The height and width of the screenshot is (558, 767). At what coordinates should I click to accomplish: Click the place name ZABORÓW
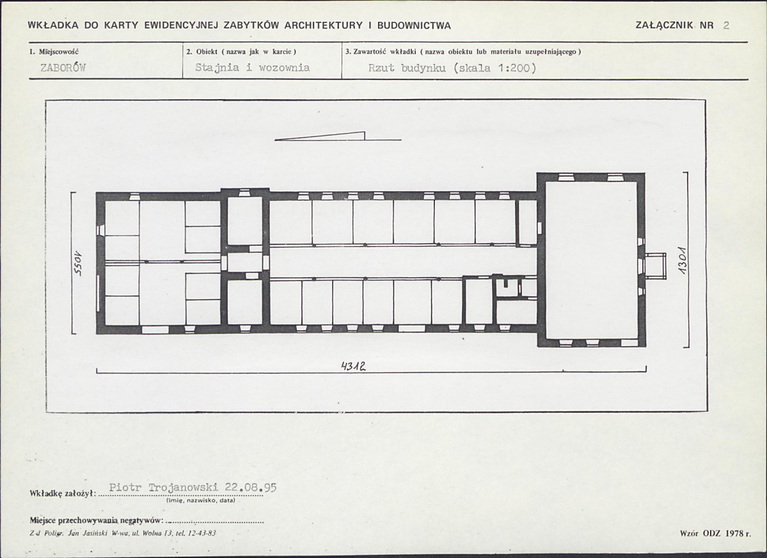63,68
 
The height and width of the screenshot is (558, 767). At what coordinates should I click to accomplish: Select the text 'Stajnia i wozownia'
253,68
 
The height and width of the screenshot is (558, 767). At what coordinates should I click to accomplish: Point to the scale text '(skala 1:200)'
494,68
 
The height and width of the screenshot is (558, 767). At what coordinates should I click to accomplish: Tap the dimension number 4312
354,365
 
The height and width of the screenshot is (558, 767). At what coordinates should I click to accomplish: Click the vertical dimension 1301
683,260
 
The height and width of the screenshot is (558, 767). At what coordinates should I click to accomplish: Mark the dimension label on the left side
78,264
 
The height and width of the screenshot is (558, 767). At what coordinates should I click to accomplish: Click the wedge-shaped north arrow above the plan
338,136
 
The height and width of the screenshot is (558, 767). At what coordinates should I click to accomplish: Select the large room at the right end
591,259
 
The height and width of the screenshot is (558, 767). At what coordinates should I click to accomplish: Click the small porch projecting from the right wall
656,266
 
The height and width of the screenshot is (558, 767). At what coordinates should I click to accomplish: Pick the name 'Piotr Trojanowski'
164,488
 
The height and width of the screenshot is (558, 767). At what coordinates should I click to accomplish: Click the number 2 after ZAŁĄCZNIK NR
726,26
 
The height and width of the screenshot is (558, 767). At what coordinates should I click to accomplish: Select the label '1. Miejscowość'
54,51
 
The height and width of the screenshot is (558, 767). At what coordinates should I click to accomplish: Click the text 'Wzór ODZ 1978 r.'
715,533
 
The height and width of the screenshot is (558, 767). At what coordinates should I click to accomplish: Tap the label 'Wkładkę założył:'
62,493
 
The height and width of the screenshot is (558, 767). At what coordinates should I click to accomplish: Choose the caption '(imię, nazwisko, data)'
201,500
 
